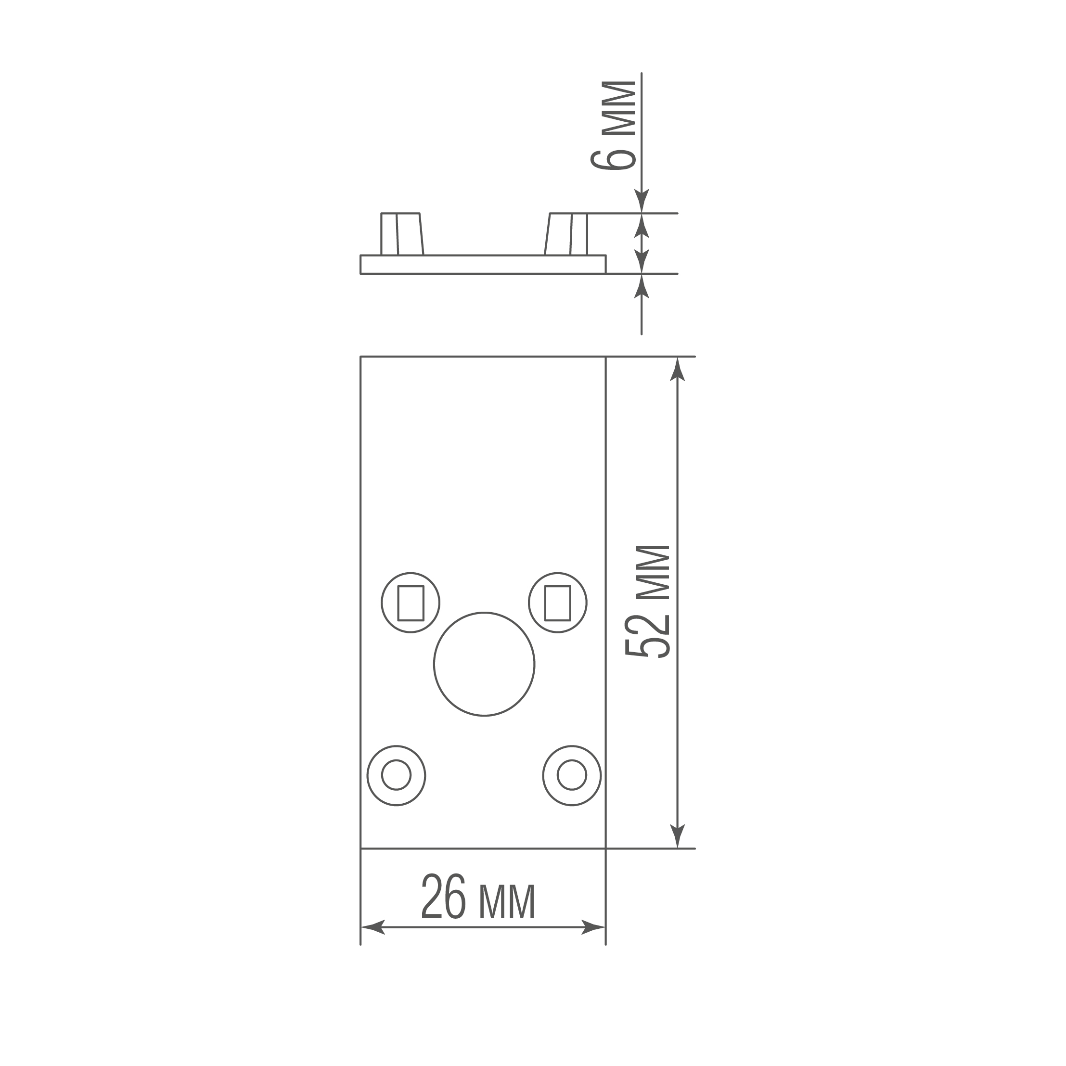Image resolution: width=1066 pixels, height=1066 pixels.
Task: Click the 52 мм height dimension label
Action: pyautogui.click(x=648, y=602)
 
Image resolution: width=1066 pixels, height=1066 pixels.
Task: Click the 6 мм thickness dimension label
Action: pyautogui.click(x=613, y=126)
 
